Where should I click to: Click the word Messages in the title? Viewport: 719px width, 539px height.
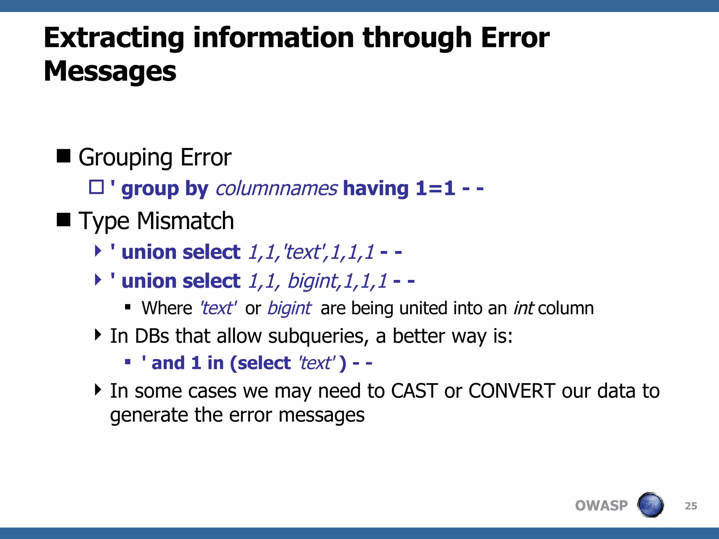pos(110,71)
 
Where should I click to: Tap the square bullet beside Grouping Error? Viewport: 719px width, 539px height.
pos(64,156)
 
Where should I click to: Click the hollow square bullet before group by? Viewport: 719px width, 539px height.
pos(96,187)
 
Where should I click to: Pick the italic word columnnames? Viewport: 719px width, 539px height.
pos(277,189)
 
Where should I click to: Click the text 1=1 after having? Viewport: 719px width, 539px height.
pos(435,189)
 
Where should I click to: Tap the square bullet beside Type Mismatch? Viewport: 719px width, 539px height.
pos(64,220)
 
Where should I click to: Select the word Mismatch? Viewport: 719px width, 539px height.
pos(185,221)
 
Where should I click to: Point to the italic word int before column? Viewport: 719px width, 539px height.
pos(523,308)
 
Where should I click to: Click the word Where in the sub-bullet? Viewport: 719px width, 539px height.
pos(167,308)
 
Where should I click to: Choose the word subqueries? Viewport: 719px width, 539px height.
pos(318,336)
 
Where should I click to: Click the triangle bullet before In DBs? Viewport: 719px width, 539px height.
pos(98,335)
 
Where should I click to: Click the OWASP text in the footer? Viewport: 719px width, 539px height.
pos(601,506)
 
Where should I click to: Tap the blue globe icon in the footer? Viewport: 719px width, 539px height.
pos(651,505)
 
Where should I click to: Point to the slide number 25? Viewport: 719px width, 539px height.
pos(691,506)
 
